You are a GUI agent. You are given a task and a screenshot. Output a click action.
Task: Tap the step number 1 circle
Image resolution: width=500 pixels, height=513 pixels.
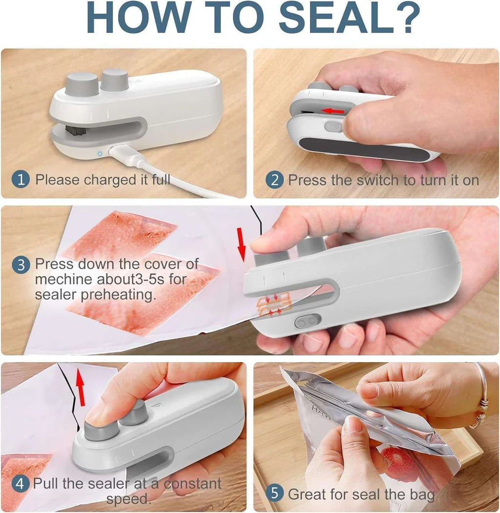[x=21, y=180]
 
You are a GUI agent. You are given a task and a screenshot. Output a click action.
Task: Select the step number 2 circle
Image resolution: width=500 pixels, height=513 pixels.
[x=274, y=180]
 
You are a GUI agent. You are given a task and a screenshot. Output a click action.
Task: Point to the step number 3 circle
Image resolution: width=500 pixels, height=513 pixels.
[x=21, y=265]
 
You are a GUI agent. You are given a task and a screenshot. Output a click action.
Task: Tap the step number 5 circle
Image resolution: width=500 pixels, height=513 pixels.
[x=274, y=493]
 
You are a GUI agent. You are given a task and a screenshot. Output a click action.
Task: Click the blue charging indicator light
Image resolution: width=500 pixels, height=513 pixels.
[x=99, y=153]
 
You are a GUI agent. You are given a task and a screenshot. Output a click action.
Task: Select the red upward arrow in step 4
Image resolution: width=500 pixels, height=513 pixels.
[x=81, y=388]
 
